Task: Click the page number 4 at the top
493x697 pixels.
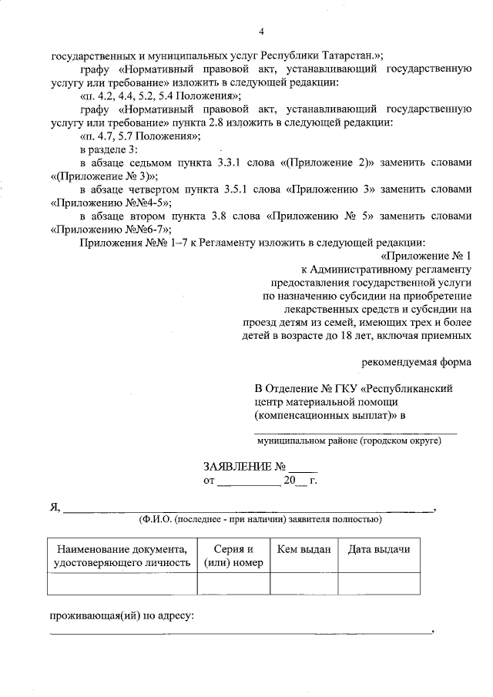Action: [261, 32]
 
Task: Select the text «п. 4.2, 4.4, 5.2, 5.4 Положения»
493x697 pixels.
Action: [161, 96]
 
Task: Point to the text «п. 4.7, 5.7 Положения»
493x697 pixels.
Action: [139, 136]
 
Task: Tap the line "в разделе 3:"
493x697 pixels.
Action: [108, 149]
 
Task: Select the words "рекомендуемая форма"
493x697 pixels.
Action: [417, 361]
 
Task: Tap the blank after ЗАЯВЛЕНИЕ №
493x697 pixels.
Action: [303, 468]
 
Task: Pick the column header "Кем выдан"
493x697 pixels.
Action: [304, 549]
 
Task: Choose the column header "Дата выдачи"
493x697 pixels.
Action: [378, 549]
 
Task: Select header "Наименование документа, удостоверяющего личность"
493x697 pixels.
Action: [122, 555]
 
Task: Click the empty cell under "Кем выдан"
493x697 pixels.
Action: [304, 585]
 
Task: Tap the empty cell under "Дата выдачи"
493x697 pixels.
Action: [378, 585]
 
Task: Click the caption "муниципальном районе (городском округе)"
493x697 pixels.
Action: [349, 441]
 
